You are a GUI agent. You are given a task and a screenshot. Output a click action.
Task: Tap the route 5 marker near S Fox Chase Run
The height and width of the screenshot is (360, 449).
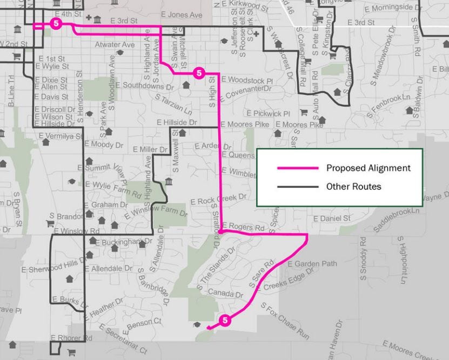click(225, 320)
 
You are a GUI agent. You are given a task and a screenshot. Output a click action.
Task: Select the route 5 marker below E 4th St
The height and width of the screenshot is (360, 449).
click(55, 23)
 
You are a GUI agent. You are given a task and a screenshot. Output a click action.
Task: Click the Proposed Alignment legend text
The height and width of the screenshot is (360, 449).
click(368, 168)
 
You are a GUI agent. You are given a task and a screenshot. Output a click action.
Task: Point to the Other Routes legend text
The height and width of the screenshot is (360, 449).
click(353, 187)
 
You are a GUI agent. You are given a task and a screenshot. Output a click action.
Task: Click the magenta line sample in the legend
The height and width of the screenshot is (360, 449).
click(297, 168)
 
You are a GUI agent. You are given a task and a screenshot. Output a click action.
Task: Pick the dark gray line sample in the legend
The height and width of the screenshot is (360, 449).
click(297, 187)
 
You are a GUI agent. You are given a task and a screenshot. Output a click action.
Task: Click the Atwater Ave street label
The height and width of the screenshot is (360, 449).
click(114, 45)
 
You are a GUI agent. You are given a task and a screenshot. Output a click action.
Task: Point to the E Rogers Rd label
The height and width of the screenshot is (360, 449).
click(243, 227)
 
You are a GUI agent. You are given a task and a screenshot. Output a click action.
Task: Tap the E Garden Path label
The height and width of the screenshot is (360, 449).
click(312, 264)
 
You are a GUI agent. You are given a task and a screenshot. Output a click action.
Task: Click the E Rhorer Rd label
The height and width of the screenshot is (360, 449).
click(71, 338)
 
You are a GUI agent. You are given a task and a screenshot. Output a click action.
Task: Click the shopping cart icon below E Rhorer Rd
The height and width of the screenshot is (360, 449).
click(71, 352)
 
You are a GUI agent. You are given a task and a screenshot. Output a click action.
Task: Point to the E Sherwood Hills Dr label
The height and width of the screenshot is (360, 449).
click(53, 268)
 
